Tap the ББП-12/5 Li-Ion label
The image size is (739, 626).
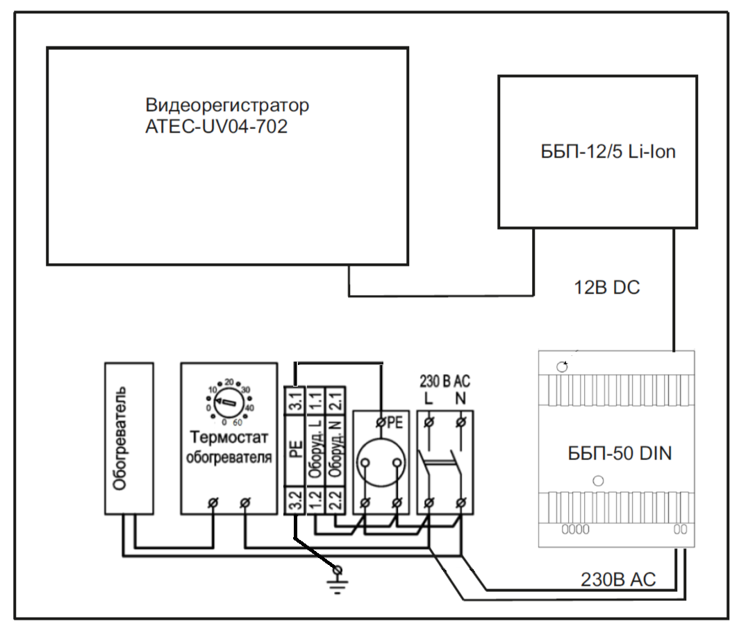click(608, 152)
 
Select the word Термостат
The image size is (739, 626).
click(227, 437)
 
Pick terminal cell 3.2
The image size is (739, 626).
click(294, 500)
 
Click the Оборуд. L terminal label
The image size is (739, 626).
click(315, 450)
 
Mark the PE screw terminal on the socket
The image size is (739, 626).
click(381, 421)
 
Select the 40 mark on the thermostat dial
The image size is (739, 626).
click(249, 407)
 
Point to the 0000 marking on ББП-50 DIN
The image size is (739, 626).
click(575, 530)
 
